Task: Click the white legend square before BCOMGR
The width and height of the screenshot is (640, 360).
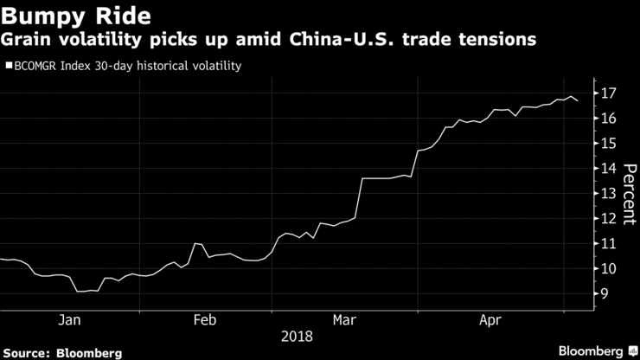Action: pyautogui.click(x=9, y=65)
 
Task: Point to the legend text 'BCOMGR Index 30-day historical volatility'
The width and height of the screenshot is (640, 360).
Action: pyautogui.click(x=126, y=65)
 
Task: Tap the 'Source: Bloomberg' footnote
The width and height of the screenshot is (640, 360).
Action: pyautogui.click(x=61, y=352)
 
